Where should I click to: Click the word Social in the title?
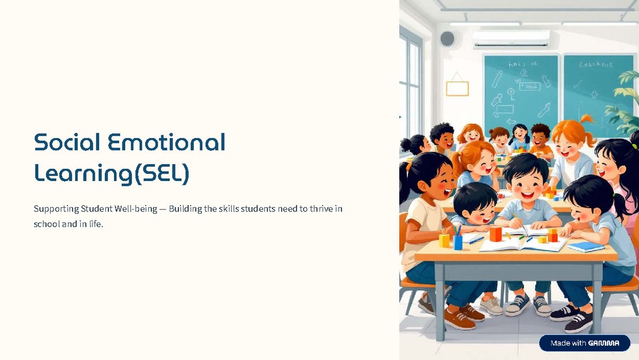(x=67, y=142)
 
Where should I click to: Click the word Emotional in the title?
(x=167, y=142)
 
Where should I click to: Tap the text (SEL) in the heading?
(x=161, y=173)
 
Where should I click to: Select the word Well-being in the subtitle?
(x=136, y=209)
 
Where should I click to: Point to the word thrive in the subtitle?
(x=321, y=209)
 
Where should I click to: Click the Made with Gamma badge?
(x=585, y=343)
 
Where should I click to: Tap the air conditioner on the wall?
(x=511, y=39)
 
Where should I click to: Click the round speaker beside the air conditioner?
(x=447, y=38)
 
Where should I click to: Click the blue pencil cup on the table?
(x=458, y=242)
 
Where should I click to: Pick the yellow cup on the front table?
(x=444, y=240)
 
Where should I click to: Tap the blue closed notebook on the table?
(x=586, y=247)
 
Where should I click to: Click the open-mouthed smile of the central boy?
(x=527, y=195)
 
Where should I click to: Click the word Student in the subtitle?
(x=96, y=209)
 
